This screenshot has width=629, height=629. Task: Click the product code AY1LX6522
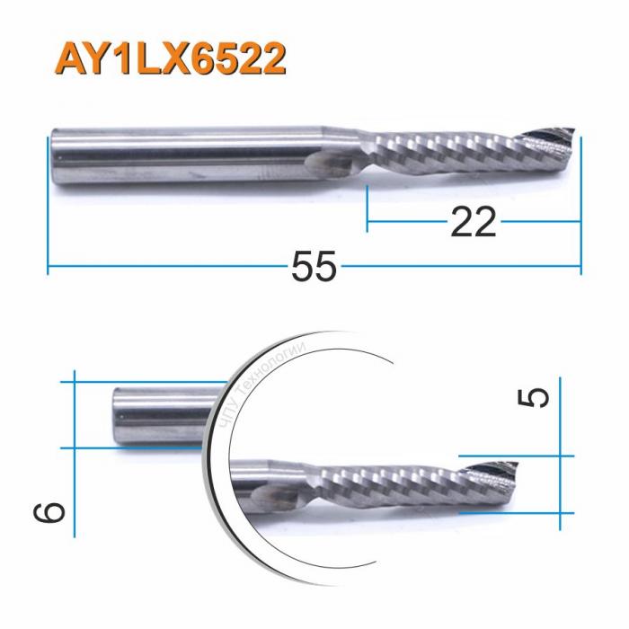pyautogui.click(x=172, y=58)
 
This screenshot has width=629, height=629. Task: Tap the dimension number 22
pyautogui.click(x=472, y=221)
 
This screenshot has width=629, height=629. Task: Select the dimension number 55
pyautogui.click(x=314, y=267)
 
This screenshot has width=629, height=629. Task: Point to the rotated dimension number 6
pyautogui.click(x=52, y=512)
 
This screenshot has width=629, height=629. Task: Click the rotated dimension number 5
pyautogui.click(x=536, y=396)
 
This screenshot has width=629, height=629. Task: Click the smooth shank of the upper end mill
pyautogui.click(x=180, y=159)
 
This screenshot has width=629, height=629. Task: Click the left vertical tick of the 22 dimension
pyautogui.click(x=368, y=202)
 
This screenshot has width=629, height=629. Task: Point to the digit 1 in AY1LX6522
pyautogui.click(x=120, y=58)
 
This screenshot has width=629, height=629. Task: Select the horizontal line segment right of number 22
pyautogui.click(x=539, y=218)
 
